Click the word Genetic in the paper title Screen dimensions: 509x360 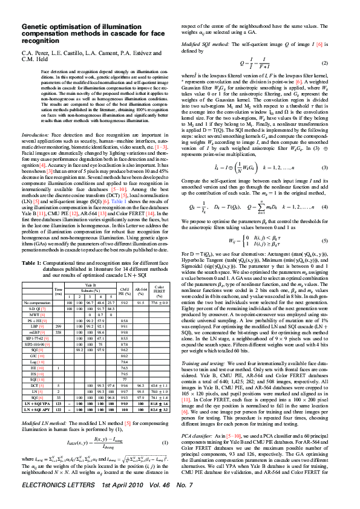[x=36, y=27]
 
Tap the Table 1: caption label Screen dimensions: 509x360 [x=31, y=263]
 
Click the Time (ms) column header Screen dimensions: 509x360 [x=59, y=291]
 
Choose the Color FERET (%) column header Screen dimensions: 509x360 [x=159, y=290]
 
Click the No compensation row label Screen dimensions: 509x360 [x=38, y=302]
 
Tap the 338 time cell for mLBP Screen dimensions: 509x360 [x=59, y=333]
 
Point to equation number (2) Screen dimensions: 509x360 [x=324, y=63]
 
